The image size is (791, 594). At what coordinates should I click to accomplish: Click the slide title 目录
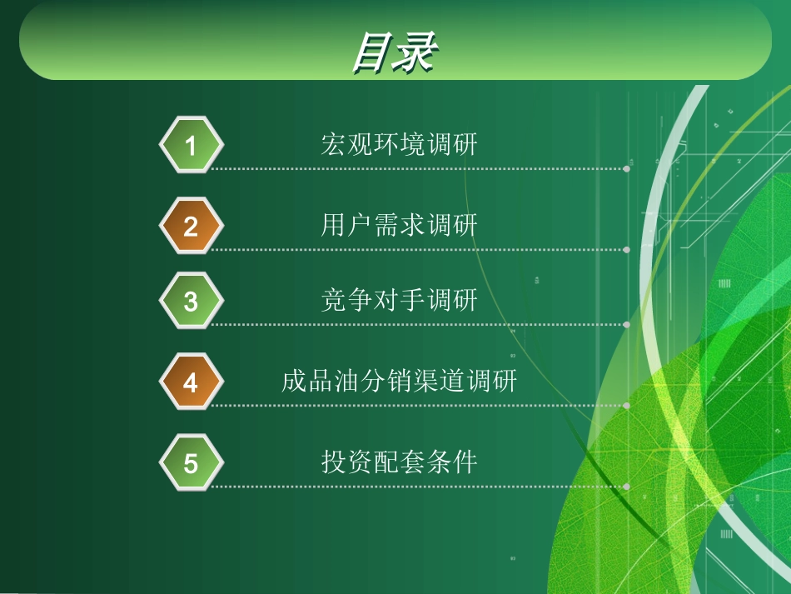394,52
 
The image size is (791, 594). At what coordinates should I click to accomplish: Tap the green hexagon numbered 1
191,146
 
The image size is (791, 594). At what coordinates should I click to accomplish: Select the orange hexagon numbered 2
191,226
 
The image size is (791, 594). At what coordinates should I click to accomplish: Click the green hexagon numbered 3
191,301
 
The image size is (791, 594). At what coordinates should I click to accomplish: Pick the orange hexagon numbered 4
191,382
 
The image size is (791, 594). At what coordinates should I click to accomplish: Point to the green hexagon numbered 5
191,462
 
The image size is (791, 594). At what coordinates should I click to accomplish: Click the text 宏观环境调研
399,144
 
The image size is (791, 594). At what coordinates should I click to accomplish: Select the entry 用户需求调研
399,225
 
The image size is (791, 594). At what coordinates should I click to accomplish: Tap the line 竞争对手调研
399,300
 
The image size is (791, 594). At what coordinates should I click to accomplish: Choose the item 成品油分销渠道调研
399,382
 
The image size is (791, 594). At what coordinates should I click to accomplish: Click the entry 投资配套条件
399,462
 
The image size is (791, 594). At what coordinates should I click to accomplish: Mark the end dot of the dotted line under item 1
626,168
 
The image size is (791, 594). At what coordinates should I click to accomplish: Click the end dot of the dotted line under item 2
626,249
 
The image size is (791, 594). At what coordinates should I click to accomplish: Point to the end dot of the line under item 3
626,324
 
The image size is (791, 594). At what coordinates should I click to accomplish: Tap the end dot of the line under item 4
626,406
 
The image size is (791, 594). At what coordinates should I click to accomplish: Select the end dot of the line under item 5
626,486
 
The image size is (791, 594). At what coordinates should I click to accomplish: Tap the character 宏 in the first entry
334,144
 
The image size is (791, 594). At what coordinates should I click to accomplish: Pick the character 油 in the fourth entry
348,382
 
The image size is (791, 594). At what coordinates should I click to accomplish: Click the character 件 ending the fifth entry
465,462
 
